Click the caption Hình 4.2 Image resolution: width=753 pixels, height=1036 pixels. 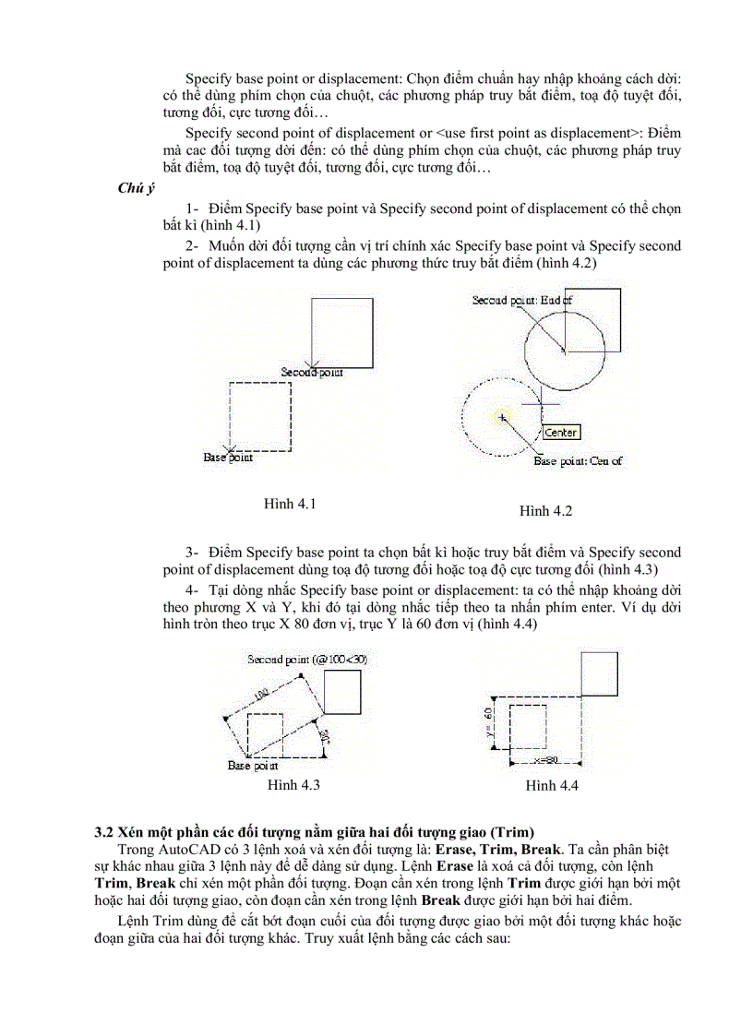click(545, 510)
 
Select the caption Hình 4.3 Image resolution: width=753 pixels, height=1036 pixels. click(293, 785)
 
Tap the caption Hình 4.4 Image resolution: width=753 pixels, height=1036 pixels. click(552, 785)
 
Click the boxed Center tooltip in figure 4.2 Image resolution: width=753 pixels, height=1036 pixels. click(560, 432)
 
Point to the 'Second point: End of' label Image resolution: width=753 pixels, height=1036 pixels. click(522, 300)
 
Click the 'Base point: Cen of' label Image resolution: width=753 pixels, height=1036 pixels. click(578, 460)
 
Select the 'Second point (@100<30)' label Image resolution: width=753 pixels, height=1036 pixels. click(300, 660)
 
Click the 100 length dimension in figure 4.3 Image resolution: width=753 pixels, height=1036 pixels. click(261, 693)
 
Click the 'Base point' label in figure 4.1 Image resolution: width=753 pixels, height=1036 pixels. click(228, 457)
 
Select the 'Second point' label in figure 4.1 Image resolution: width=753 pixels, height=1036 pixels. click(312, 372)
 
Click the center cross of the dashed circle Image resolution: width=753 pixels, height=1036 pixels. click(502, 418)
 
